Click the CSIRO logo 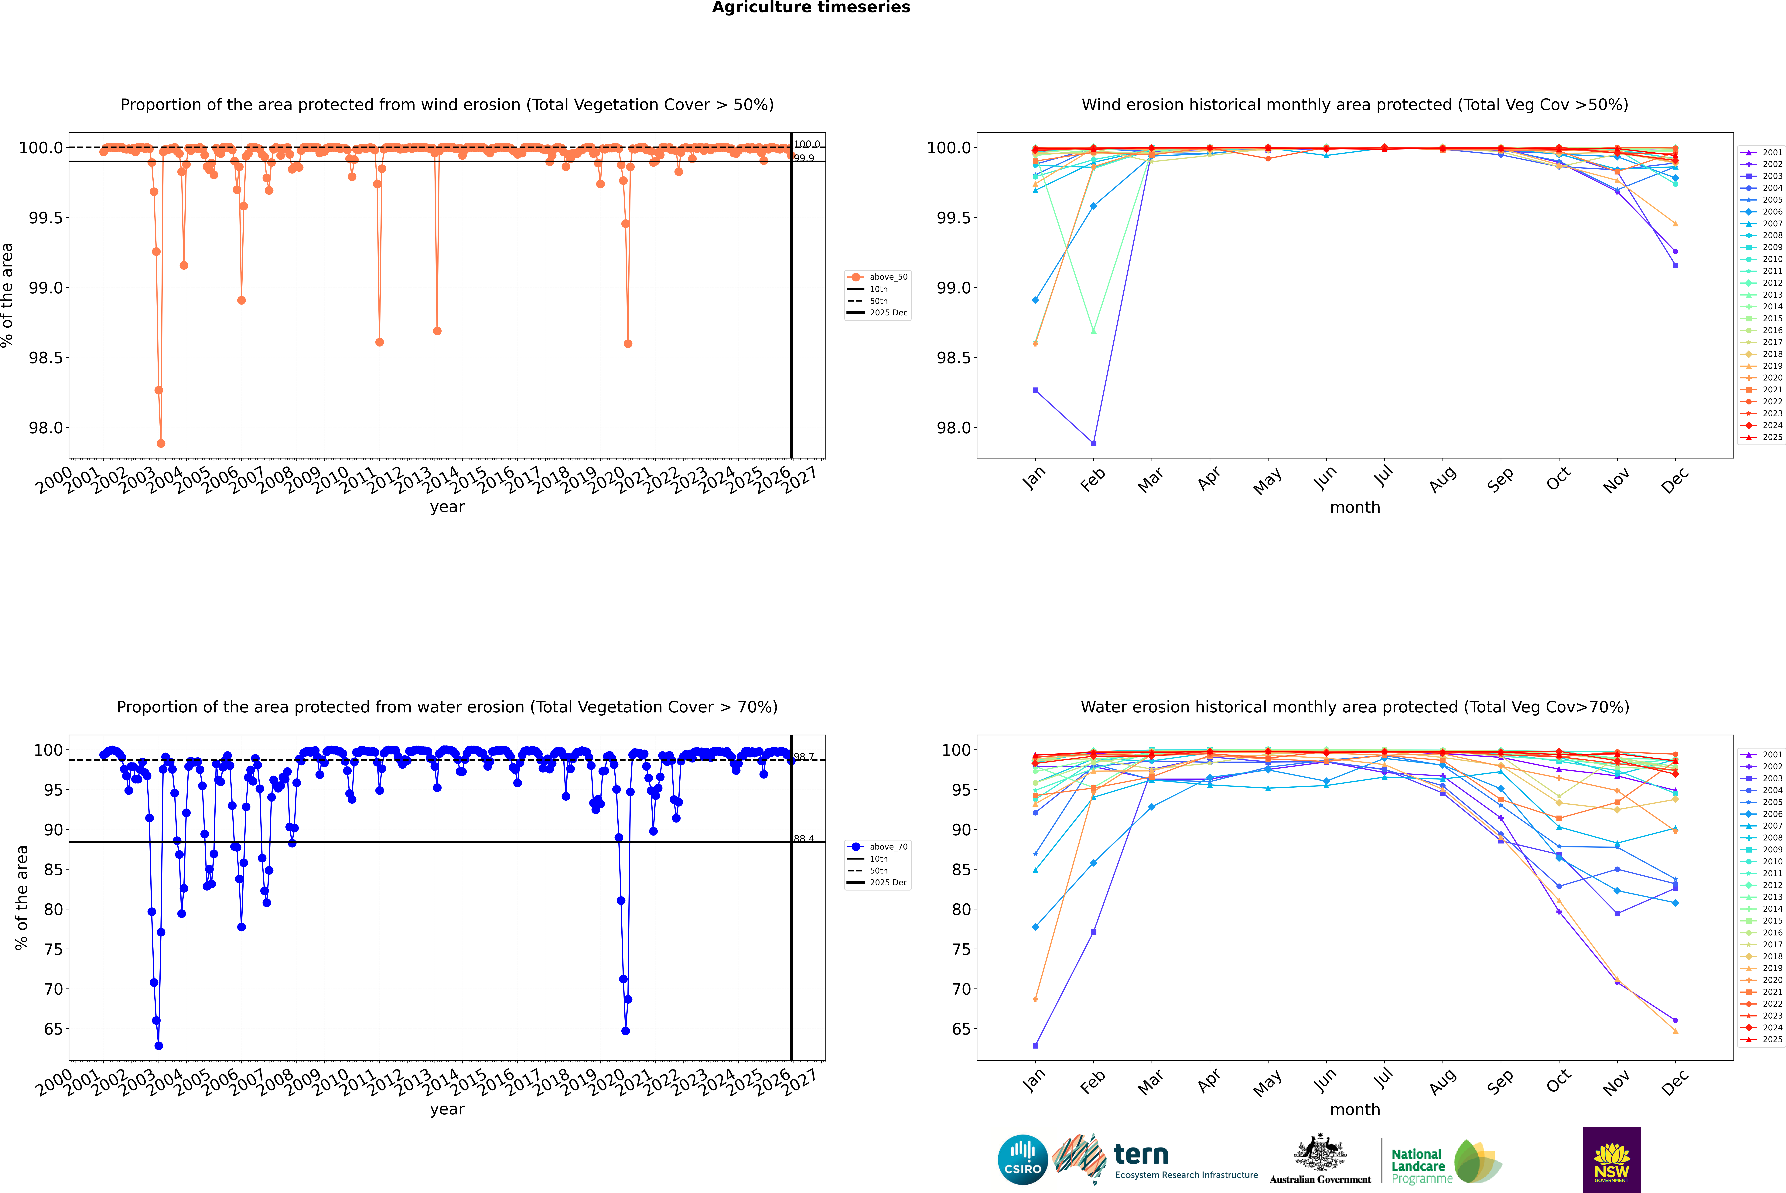click(1023, 1160)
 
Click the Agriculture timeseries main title click(811, 8)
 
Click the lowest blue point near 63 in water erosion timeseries click(158, 1045)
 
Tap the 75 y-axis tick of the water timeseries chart click(53, 949)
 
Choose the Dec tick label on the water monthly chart click(1675, 1080)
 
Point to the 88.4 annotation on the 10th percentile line click(804, 838)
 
